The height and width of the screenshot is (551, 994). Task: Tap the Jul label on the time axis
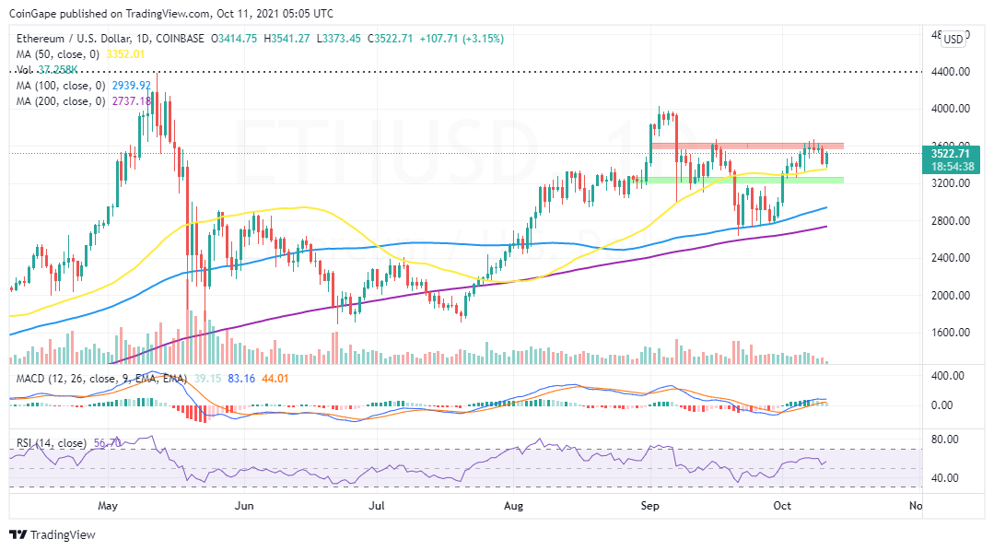tap(377, 506)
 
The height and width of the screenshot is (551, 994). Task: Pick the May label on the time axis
tap(109, 506)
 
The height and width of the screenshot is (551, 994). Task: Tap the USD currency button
tap(953, 39)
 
